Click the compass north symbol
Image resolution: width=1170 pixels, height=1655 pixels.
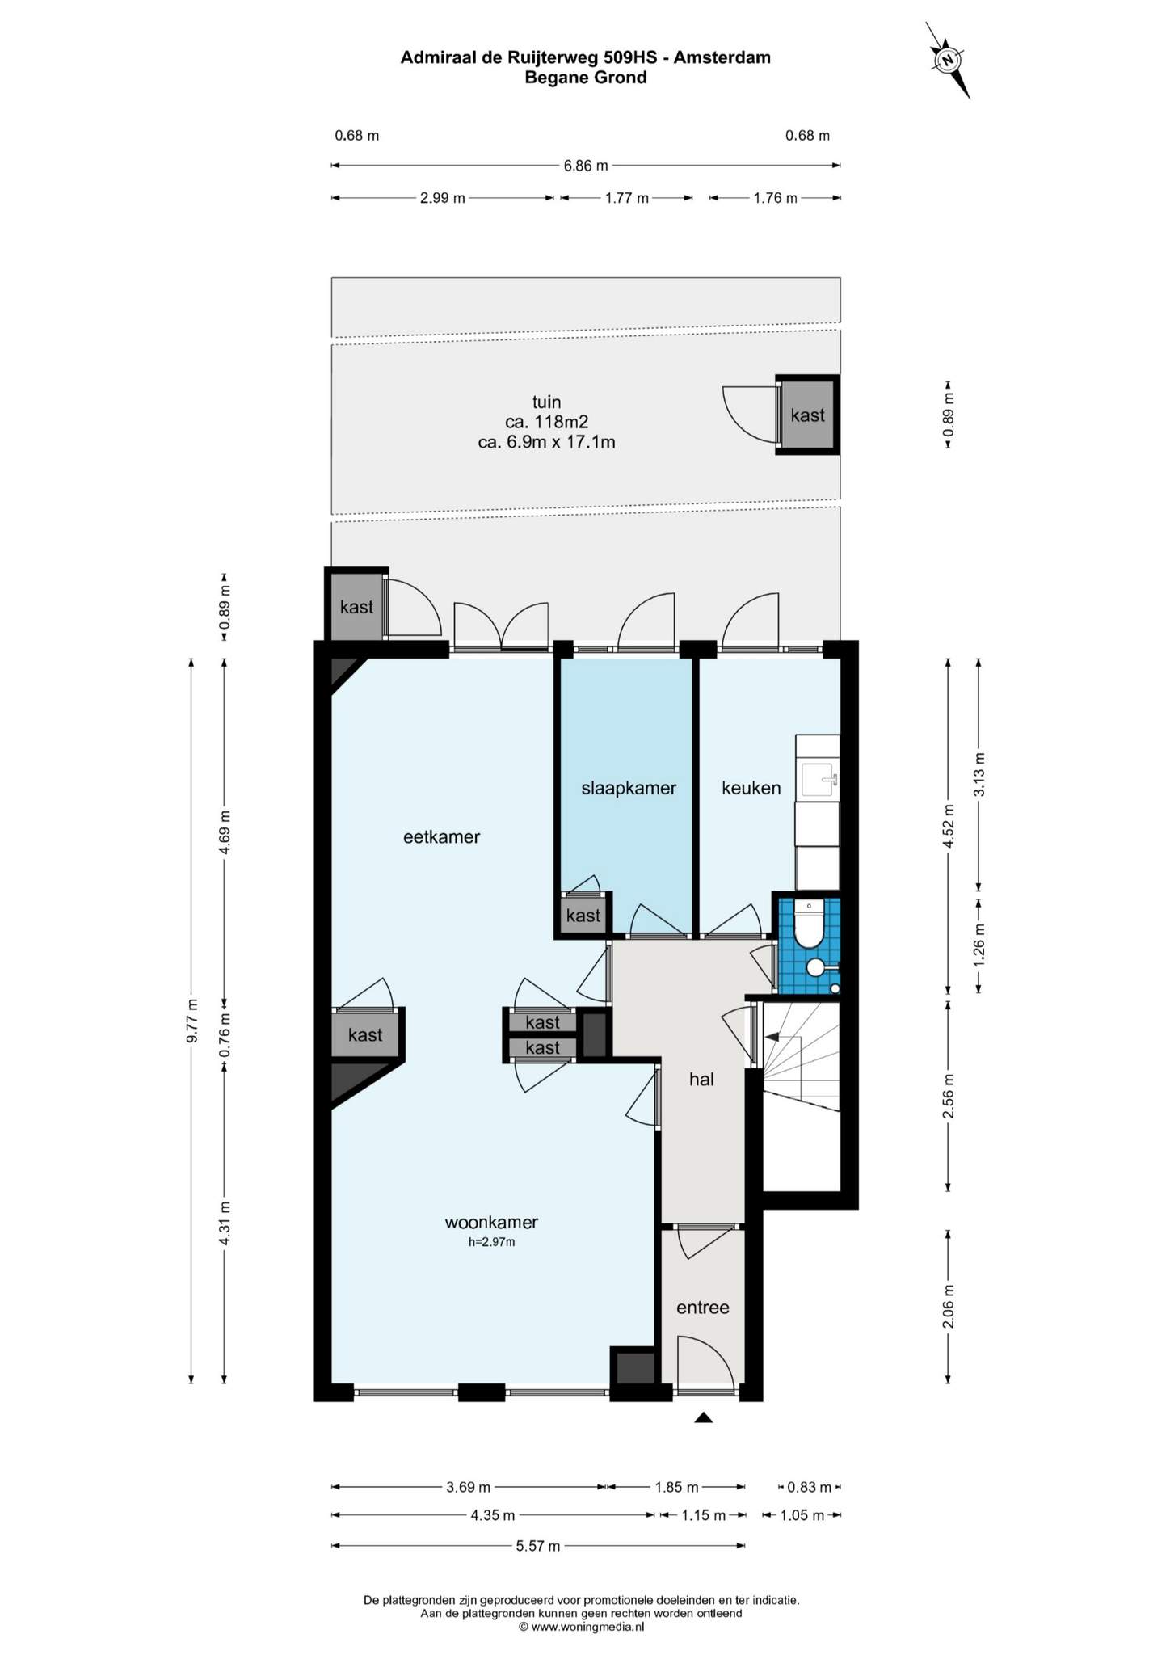point(948,60)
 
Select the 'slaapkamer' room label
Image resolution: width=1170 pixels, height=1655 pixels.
point(629,788)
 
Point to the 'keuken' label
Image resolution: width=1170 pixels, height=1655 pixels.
point(751,788)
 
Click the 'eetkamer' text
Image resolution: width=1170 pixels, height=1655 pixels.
point(441,836)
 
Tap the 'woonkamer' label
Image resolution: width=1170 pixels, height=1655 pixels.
point(491,1222)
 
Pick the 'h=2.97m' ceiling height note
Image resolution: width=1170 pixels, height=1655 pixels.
point(491,1242)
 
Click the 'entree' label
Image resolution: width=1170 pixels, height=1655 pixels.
point(703,1308)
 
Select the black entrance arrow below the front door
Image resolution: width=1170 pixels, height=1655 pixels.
point(703,1417)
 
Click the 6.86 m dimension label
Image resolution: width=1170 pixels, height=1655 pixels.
point(586,166)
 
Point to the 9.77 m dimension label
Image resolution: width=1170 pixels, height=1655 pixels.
point(192,1021)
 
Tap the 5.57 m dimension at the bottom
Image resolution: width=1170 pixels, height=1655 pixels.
point(538,1546)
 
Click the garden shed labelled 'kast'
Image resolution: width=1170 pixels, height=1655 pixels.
point(807,415)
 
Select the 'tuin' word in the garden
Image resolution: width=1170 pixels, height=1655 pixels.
point(546,402)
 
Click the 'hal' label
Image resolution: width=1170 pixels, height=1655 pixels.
point(701,1079)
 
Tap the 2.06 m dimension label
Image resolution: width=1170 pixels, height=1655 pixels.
point(949,1307)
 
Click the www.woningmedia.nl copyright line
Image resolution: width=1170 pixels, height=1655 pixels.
point(581,1627)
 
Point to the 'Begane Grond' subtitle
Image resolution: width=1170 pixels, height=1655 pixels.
point(586,78)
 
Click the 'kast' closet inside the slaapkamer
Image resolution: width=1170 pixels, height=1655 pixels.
point(583,916)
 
